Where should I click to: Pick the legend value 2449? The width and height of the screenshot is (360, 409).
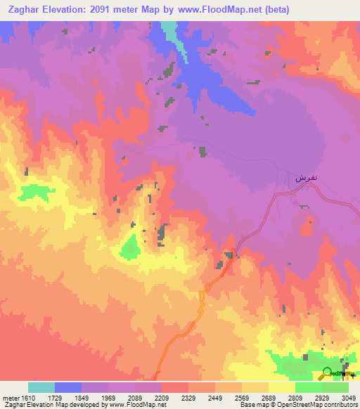point(216,398)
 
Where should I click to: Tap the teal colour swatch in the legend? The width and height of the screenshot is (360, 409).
point(41,387)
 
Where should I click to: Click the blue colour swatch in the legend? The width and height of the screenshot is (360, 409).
point(68,387)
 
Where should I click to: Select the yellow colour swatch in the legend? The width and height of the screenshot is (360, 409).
point(282,387)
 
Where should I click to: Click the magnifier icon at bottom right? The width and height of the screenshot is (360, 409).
point(327,373)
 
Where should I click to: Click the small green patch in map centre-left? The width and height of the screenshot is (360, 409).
point(130,246)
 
